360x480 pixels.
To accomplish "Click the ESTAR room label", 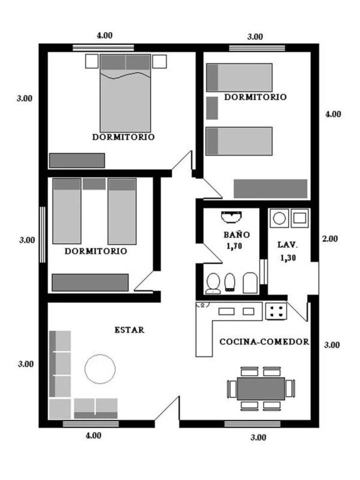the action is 129,330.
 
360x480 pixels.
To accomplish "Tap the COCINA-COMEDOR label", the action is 264,341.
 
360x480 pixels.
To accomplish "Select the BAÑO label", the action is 236,235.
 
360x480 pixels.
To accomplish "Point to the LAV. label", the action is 287,245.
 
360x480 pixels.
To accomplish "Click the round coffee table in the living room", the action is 100,369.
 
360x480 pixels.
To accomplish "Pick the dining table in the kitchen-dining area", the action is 261,388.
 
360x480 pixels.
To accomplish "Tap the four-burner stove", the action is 276,311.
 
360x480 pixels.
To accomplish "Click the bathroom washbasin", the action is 232,217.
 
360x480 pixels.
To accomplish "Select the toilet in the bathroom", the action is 213,283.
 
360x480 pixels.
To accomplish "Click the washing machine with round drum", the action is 279,218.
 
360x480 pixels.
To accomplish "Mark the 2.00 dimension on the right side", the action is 329,239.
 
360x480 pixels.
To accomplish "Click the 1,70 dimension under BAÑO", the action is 234,246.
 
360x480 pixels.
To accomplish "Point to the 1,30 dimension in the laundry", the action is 288,258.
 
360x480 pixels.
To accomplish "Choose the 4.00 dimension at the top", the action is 104,35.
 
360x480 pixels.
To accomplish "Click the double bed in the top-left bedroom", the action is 125,94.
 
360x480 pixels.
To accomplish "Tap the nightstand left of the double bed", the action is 92,61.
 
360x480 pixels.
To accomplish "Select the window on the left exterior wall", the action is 43,235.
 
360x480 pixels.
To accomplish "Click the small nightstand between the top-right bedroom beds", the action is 212,108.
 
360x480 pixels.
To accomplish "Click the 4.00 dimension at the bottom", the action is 94,436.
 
